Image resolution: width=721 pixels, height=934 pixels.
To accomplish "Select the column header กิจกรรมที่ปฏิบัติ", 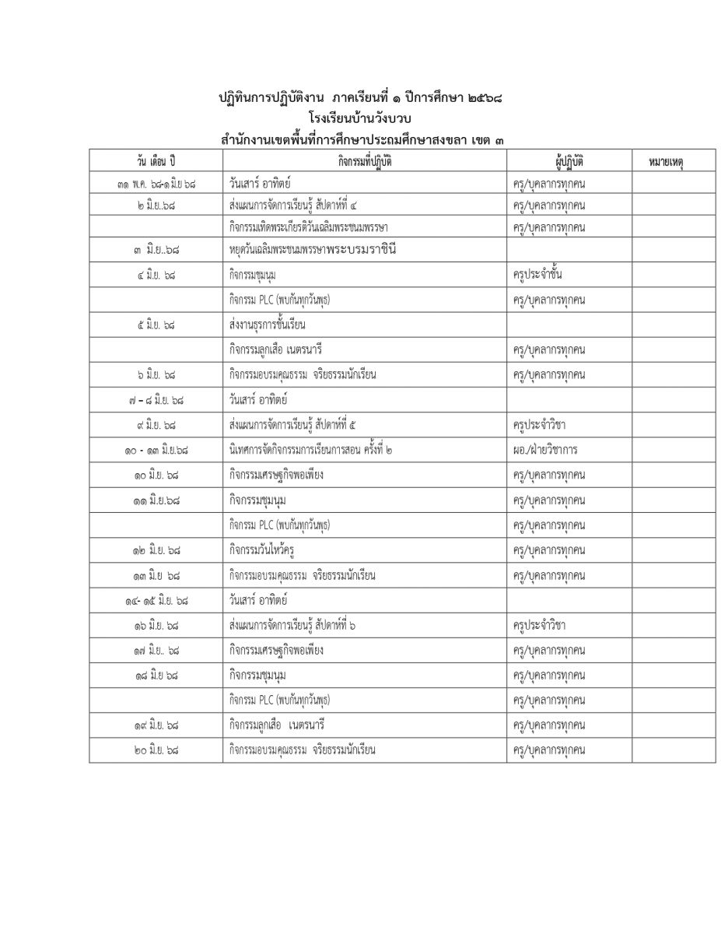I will click(x=364, y=161).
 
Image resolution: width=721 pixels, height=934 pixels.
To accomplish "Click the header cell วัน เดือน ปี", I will click(x=155, y=161).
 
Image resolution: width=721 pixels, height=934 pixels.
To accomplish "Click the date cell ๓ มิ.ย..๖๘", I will click(x=155, y=251).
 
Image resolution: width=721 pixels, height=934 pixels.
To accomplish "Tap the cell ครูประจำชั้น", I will click(x=537, y=275).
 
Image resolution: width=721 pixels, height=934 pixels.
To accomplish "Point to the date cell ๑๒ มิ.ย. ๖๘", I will click(x=155, y=550).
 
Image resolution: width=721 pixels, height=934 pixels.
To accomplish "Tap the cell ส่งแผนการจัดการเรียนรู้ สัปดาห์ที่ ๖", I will click(x=293, y=625).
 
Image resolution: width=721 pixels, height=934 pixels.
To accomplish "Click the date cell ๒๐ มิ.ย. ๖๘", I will click(x=155, y=750).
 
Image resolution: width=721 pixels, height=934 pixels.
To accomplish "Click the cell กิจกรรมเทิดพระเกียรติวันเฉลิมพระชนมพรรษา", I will click(x=308, y=226).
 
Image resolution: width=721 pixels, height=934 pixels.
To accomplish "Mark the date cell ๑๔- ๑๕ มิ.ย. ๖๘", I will click(x=155, y=600).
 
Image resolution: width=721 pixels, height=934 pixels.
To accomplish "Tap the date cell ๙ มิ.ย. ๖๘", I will click(x=155, y=425).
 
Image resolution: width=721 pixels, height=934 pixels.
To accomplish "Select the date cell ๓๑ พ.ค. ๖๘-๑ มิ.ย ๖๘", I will click(x=155, y=185).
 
